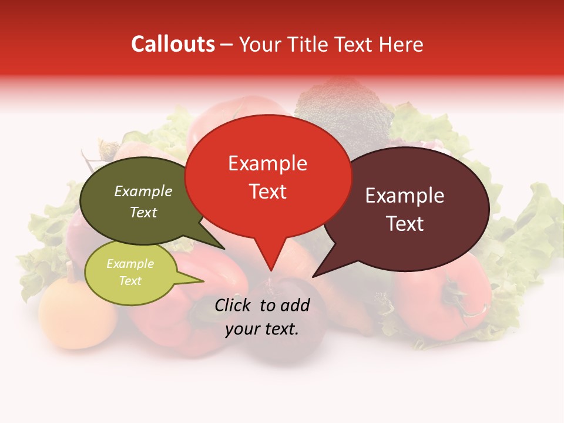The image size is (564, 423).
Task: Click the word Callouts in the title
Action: [x=173, y=44]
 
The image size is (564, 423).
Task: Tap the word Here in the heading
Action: [x=401, y=45]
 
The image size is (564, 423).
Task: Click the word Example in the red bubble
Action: [x=267, y=163]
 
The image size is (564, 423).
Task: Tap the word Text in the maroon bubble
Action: [x=405, y=224]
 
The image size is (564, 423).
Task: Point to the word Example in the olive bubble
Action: [x=143, y=191]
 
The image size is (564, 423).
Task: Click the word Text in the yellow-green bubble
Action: [x=130, y=281]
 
